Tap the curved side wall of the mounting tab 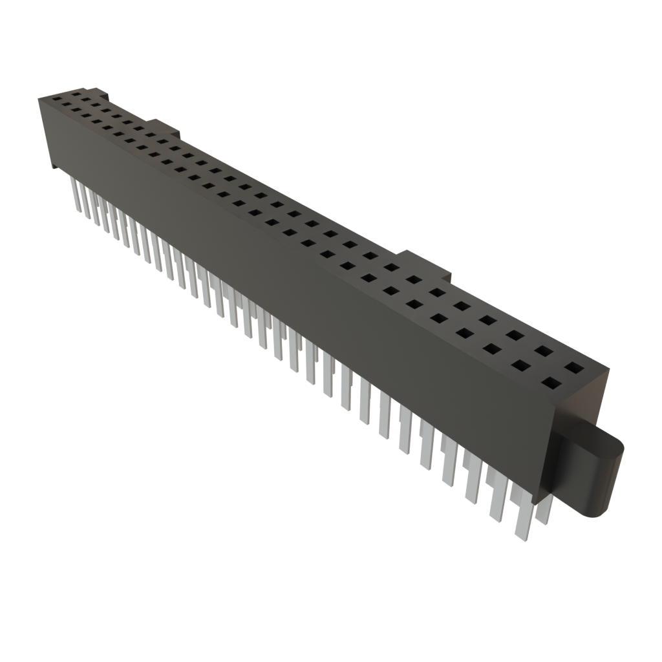(x=604, y=485)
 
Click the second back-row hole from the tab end (x=543, y=351)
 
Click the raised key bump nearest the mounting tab (x=427, y=262)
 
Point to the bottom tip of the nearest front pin (x=520, y=536)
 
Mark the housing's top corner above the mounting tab (x=608, y=368)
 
